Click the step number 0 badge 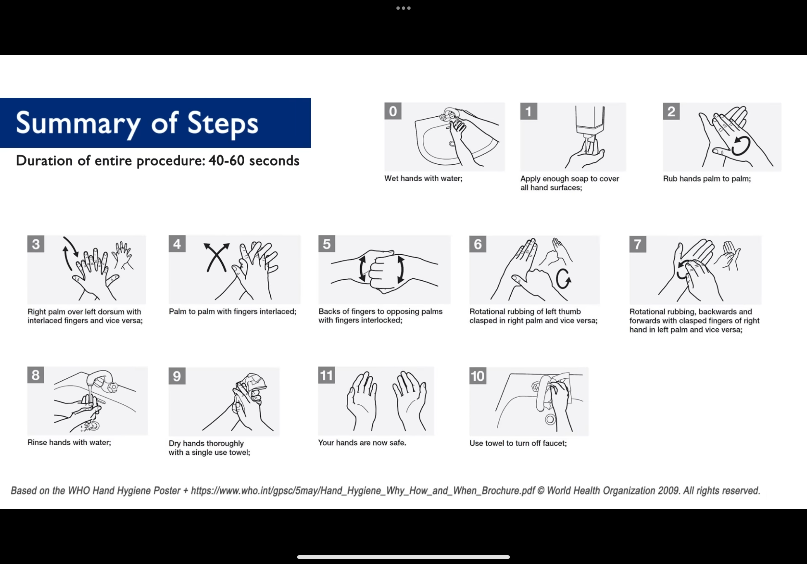point(393,111)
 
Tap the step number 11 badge point(326,375)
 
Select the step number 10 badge point(478,376)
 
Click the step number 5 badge point(327,244)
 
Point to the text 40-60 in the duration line point(226,161)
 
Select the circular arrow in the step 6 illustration point(563,279)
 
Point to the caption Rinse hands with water point(69,442)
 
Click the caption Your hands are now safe point(362,443)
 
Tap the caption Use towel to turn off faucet point(518,443)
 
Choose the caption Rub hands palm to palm point(707,179)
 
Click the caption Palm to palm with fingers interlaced point(233,311)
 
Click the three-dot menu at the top point(403,8)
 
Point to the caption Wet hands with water point(423,178)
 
